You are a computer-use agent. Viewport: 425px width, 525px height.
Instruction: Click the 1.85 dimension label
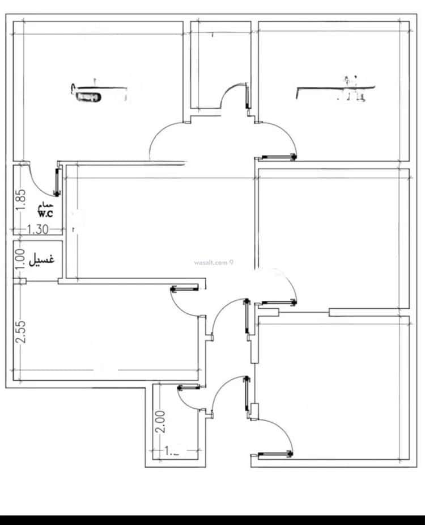[x=20, y=199]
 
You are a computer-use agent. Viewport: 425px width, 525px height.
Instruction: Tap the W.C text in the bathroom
[x=46, y=213]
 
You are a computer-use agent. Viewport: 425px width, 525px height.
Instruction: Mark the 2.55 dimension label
[x=20, y=331]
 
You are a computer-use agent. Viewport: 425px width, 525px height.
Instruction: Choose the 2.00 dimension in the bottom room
[x=160, y=422]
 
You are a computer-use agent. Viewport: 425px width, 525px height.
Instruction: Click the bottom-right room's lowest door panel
[x=275, y=453]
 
